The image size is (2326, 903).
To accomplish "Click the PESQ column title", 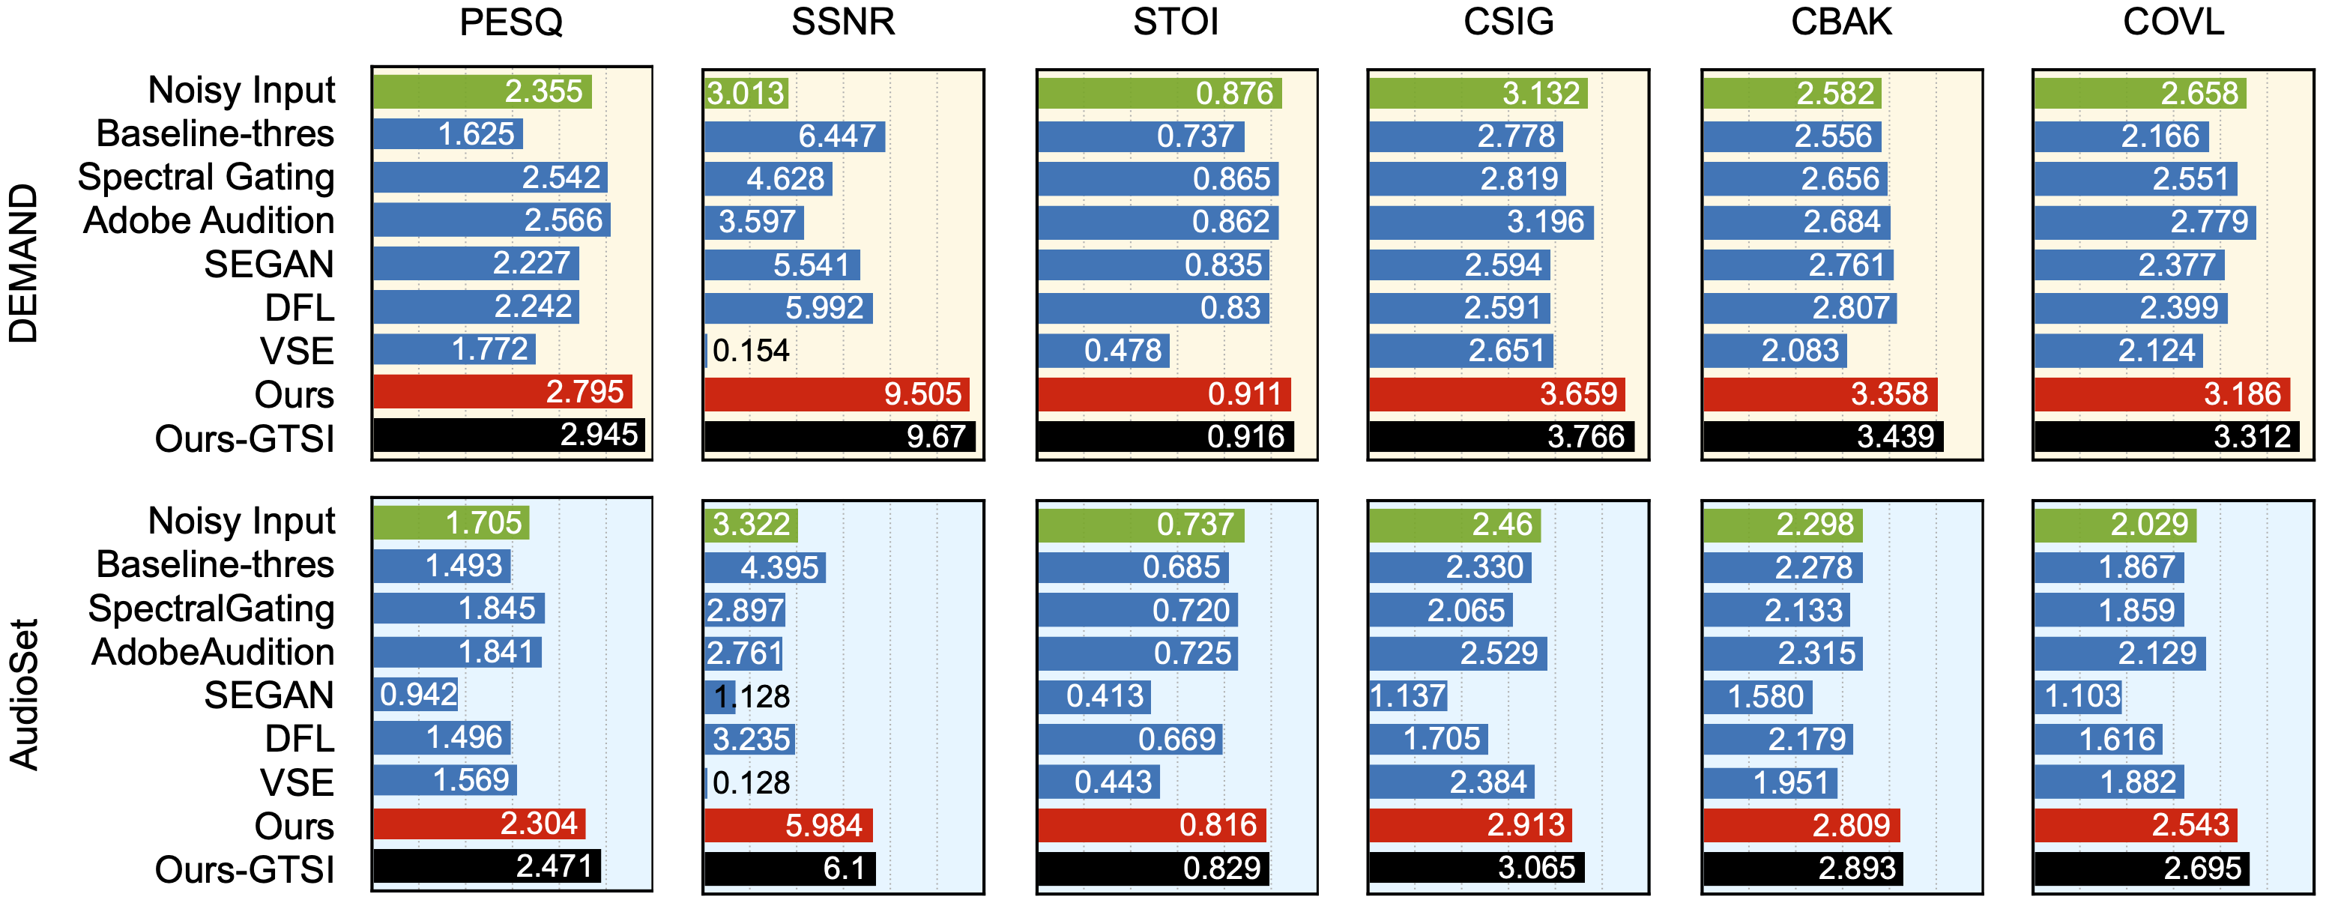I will (x=511, y=22).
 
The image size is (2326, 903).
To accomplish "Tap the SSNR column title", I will (x=843, y=22).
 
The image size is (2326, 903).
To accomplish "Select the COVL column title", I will (x=2173, y=22).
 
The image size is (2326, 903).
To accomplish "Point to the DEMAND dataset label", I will (x=23, y=264).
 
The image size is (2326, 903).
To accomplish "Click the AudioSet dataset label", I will (x=23, y=693).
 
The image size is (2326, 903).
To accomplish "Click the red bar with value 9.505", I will (x=836, y=393).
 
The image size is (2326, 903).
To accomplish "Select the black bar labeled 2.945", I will (x=508, y=435).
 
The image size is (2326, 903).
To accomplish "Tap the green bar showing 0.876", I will (x=1159, y=93).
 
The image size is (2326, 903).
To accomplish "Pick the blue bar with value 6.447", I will (x=794, y=136).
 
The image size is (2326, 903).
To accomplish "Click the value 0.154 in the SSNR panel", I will (x=750, y=351).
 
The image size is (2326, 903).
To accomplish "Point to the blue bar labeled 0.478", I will (x=1103, y=351).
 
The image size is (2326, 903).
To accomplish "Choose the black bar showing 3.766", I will (x=1501, y=437).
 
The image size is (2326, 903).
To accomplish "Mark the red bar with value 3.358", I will (x=1819, y=393).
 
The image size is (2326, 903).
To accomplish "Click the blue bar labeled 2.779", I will (x=2145, y=221).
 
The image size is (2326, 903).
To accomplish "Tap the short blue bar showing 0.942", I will (x=416, y=695).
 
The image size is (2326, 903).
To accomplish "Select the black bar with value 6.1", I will (x=789, y=869).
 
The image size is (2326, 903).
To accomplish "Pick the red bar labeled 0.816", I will (x=1151, y=825).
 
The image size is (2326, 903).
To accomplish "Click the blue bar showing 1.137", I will (x=1408, y=696).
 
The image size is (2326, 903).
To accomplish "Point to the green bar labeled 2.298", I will (x=1783, y=525).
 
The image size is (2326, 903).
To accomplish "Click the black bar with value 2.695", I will (x=2141, y=869).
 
